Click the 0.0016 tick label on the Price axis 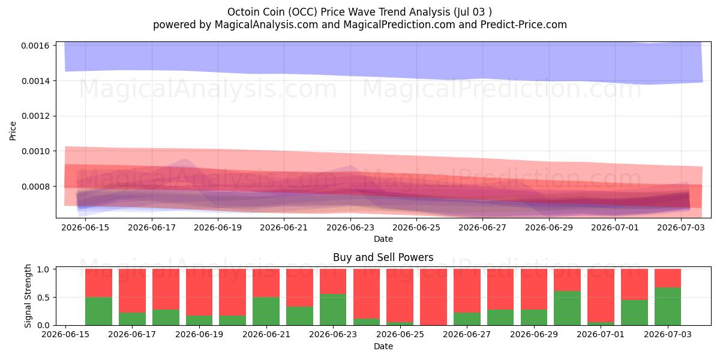coord(35,46)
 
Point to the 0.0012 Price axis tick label coord(35,116)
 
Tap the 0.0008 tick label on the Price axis coord(35,187)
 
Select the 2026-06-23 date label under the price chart coord(350,227)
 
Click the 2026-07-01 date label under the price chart coord(615,227)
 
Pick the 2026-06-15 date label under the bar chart coord(65,334)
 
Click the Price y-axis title coord(13,131)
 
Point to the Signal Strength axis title coord(28,296)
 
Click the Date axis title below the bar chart coord(383,346)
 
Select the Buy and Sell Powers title coord(383,257)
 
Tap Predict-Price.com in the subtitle coord(524,25)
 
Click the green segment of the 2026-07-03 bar coord(668,307)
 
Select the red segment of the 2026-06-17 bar coord(132,290)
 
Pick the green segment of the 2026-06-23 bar coord(333,310)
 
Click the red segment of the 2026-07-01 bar coord(601,295)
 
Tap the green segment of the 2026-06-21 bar coord(266,311)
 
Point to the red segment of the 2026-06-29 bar coord(534,289)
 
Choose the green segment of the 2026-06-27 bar coord(467,319)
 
